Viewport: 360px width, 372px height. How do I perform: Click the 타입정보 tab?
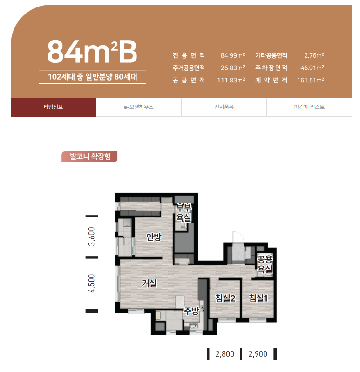pyautogui.click(x=53, y=107)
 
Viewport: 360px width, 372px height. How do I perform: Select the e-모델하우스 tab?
pyautogui.click(x=139, y=107)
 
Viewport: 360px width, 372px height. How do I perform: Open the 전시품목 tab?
pyautogui.click(x=224, y=107)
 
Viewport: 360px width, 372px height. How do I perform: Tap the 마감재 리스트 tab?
pyautogui.click(x=309, y=107)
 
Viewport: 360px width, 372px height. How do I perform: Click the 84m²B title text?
pyautogui.click(x=92, y=51)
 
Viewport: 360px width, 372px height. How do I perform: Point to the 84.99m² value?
pyautogui.click(x=232, y=55)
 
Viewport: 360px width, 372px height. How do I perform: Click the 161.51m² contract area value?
pyautogui.click(x=311, y=80)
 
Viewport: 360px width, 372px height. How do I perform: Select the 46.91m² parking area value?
pyautogui.click(x=312, y=68)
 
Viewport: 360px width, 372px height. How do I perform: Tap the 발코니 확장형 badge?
pyautogui.click(x=89, y=156)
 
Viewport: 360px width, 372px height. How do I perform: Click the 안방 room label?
pyautogui.click(x=154, y=237)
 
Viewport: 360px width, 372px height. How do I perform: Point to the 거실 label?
pyautogui.click(x=149, y=283)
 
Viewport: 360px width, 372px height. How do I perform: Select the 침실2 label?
pyautogui.click(x=225, y=298)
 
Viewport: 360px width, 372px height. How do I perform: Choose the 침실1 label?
pyautogui.click(x=258, y=298)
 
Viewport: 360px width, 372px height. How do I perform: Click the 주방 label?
pyautogui.click(x=191, y=311)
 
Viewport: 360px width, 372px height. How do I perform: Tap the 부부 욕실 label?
pyautogui.click(x=183, y=213)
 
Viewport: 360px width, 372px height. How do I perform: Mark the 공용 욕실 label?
pyautogui.click(x=265, y=264)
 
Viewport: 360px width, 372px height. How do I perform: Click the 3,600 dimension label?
pyautogui.click(x=91, y=237)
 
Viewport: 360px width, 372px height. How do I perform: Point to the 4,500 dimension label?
pyautogui.click(x=91, y=284)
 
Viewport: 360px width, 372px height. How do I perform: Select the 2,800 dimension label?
pyautogui.click(x=225, y=354)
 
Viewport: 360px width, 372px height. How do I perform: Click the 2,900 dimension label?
pyautogui.click(x=258, y=354)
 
